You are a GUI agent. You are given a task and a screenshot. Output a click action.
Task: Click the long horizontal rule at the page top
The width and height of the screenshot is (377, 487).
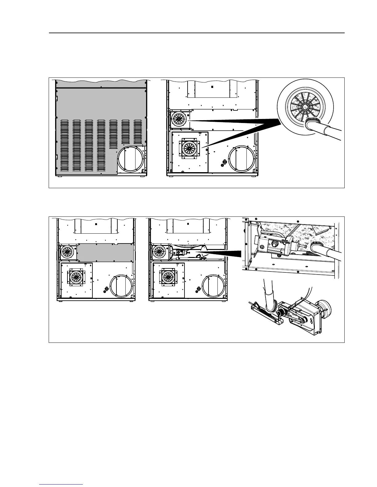(x=197, y=33)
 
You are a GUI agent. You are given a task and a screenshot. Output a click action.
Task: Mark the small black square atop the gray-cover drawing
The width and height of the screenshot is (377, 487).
(x=96, y=224)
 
